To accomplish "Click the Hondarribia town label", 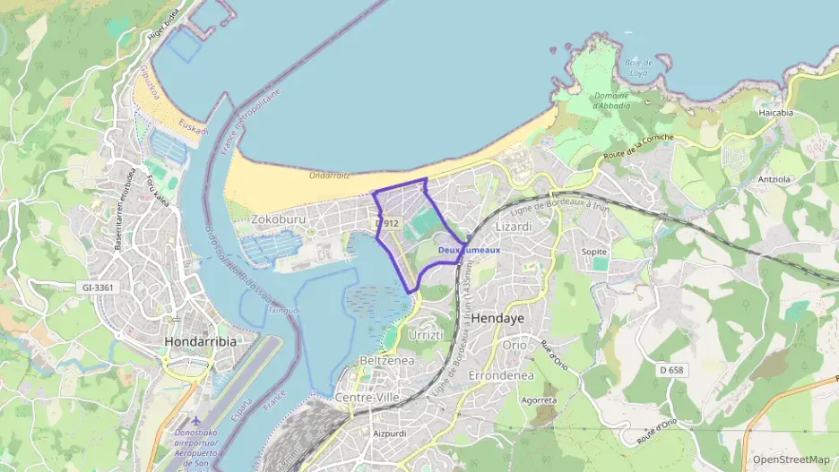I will pos(199,341).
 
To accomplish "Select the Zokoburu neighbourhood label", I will pos(279,218).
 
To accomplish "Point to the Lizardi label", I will pos(514,227).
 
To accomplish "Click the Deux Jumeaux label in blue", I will pos(470,250).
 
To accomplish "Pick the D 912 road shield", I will pos(387,223).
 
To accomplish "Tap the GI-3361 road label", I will pos(99,287).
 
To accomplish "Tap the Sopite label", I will pos(594,252).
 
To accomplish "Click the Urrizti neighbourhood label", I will pos(426,335).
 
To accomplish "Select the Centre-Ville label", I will pos(366,397).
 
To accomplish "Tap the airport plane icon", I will pos(196,420).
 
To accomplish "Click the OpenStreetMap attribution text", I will pos(791,459).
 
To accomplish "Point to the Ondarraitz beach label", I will pos(328,176).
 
